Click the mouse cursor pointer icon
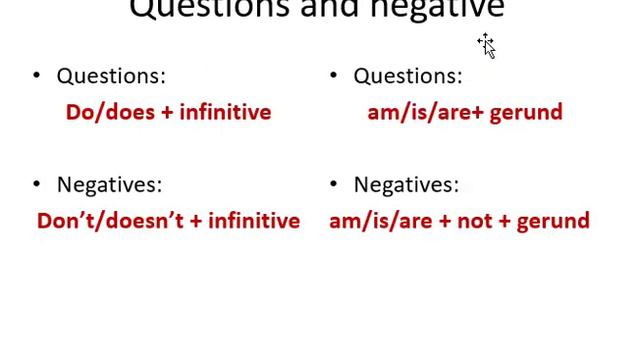pyautogui.click(x=487, y=46)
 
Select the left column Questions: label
pyautogui.click(x=111, y=76)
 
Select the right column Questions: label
pyautogui.click(x=408, y=76)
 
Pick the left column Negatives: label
pyautogui.click(x=109, y=184)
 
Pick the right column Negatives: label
pyautogui.click(x=406, y=184)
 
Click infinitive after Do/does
pyautogui.click(x=225, y=112)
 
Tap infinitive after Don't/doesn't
pyautogui.click(x=254, y=221)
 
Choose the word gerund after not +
pyautogui.click(x=553, y=221)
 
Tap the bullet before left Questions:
pyautogui.click(x=37, y=76)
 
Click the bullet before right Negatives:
pyautogui.click(x=334, y=184)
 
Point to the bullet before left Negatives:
pyautogui.click(x=37, y=184)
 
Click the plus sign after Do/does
pyautogui.click(x=167, y=113)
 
